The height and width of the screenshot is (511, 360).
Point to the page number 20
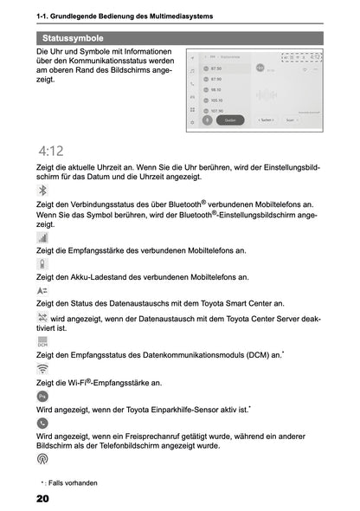42,499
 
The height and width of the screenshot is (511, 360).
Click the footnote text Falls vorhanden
74,482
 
